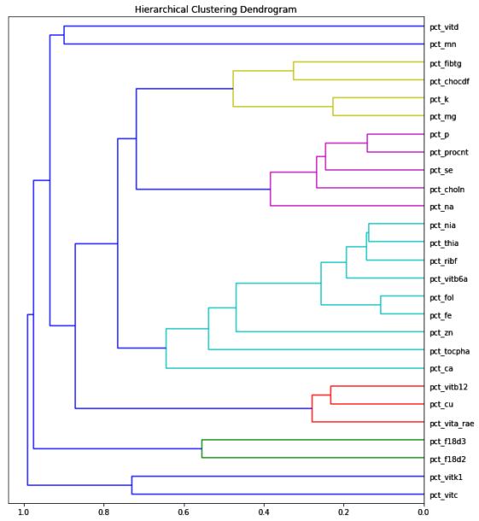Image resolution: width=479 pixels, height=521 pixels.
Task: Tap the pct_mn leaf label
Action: click(x=443, y=44)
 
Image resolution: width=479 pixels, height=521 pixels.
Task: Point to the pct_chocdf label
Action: click(x=449, y=81)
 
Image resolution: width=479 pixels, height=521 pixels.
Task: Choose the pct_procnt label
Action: click(x=449, y=153)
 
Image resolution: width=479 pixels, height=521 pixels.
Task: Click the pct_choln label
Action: click(x=447, y=189)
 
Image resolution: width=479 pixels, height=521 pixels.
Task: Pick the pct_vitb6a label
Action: click(x=448, y=278)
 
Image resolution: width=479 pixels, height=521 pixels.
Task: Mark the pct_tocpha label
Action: click(x=449, y=351)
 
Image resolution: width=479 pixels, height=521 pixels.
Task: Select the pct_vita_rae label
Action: click(x=452, y=423)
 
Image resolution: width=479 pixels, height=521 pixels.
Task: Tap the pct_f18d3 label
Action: click(x=447, y=442)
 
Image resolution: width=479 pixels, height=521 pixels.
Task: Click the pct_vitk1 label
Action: click(x=447, y=477)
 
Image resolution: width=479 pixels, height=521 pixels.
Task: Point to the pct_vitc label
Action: click(x=444, y=495)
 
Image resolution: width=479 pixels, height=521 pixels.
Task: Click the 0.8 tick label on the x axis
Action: click(x=103, y=512)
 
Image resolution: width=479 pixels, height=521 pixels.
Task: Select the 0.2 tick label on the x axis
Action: click(x=343, y=512)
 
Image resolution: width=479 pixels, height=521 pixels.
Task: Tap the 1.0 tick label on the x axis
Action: click(x=24, y=512)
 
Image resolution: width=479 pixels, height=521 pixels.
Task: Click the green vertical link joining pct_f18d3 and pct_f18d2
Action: click(x=202, y=449)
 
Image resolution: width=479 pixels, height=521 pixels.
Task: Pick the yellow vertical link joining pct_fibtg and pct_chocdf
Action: click(x=294, y=71)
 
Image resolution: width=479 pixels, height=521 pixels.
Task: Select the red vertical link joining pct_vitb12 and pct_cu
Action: click(x=330, y=395)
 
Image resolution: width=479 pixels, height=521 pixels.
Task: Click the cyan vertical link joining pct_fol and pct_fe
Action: click(x=381, y=306)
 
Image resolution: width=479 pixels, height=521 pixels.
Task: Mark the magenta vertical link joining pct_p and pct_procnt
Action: click(x=367, y=143)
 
